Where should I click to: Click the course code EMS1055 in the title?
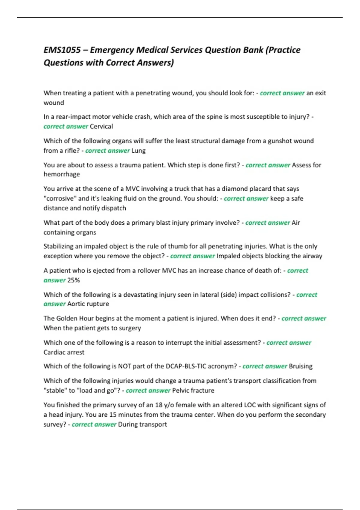pyautogui.click(x=62, y=50)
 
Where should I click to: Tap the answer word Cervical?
pyautogui.click(x=101, y=126)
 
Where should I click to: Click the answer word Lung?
pyautogui.click(x=139, y=151)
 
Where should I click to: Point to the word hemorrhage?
pyautogui.click(x=62, y=174)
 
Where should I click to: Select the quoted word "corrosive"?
pyautogui.click(x=60, y=199)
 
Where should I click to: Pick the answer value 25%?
pyautogui.click(x=74, y=280)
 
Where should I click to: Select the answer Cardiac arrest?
pyautogui.click(x=64, y=352)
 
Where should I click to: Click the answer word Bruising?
pyautogui.click(x=301, y=366)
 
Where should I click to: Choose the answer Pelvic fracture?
pyautogui.click(x=193, y=391)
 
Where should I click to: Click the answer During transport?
pyautogui.click(x=142, y=424)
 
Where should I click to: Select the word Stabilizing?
pyautogui.click(x=58, y=246)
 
